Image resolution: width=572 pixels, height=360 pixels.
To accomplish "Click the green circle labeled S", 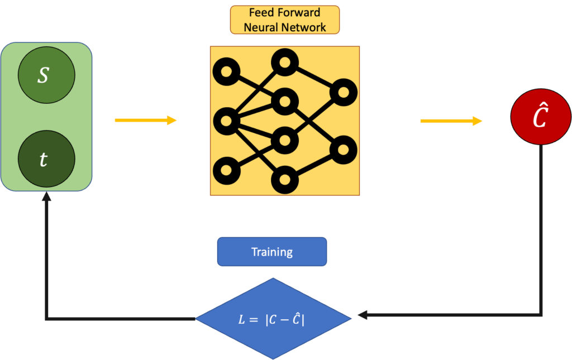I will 46,75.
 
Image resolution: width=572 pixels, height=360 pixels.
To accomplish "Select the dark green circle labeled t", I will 46,159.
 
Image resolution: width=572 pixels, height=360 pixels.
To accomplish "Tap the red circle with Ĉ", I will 541,118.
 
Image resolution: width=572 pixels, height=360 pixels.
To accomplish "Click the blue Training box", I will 271,252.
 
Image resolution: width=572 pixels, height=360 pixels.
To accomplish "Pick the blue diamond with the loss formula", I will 273,319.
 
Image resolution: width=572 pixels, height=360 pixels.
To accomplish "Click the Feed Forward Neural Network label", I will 284,20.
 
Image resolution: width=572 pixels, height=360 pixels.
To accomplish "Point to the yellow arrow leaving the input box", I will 145,120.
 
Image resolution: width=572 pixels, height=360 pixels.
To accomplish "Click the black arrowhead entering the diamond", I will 361,316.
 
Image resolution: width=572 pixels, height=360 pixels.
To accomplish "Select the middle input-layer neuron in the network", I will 226,120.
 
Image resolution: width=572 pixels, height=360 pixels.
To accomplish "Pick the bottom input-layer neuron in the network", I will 226,169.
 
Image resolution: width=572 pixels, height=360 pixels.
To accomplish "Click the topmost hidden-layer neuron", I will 284,61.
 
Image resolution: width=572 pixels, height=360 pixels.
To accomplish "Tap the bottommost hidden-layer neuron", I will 284,180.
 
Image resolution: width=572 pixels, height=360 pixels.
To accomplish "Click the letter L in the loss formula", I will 241,320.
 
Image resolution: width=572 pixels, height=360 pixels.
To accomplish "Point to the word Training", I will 271,252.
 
